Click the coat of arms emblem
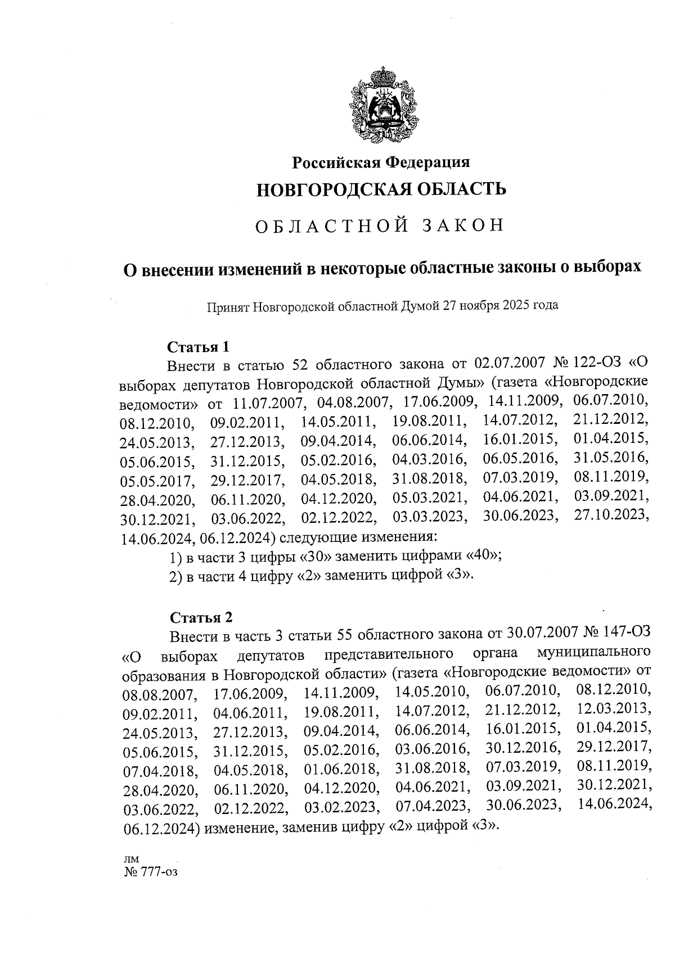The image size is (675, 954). coord(381,107)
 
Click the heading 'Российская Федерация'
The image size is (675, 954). coord(380,163)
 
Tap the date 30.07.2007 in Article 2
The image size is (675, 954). coord(542,632)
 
